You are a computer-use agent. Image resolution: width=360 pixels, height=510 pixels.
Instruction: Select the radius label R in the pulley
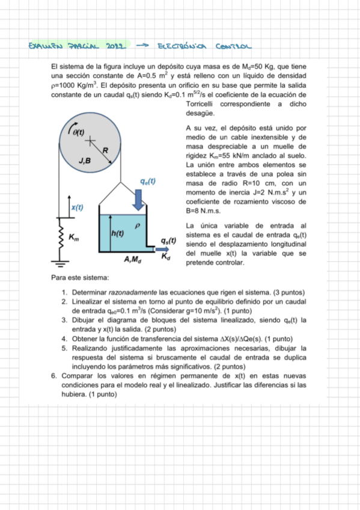coord(105,150)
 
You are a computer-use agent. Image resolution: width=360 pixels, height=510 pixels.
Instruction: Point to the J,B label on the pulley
coord(85,161)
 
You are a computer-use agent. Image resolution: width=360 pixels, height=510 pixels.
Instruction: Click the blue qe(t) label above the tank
coord(147,180)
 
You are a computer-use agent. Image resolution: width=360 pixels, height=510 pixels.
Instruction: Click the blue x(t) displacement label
coord(77,207)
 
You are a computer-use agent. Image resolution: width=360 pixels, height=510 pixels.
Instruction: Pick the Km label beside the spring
coord(73,237)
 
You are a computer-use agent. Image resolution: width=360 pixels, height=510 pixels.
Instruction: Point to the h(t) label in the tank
coord(118,233)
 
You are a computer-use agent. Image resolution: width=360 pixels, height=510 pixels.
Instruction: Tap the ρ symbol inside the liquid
coord(137,225)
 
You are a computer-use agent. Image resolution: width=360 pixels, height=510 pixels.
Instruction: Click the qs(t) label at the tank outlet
coord(168,240)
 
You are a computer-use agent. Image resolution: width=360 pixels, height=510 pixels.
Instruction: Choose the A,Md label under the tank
coord(132,259)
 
